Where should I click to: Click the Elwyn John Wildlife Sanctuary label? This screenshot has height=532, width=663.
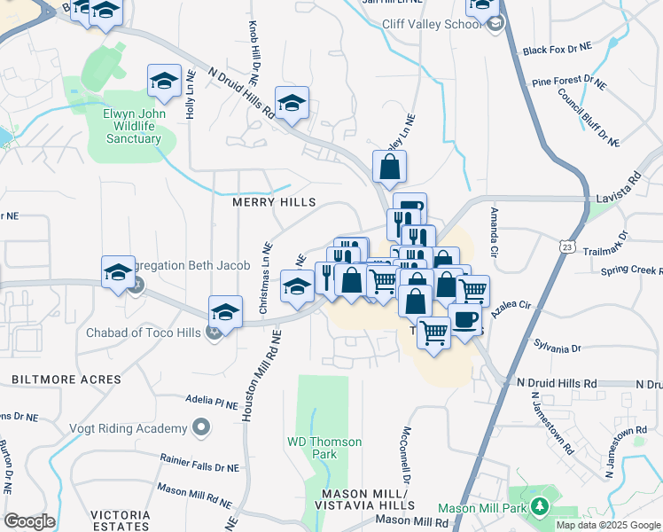pyautogui.click(x=134, y=126)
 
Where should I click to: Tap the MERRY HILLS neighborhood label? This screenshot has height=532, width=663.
pyautogui.click(x=273, y=202)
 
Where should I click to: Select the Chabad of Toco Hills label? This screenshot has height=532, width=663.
pyautogui.click(x=144, y=333)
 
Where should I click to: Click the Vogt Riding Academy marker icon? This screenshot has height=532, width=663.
pyautogui.click(x=202, y=428)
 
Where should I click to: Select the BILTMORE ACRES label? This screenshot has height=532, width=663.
pyautogui.click(x=66, y=379)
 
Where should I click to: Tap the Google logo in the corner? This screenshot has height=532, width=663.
pyautogui.click(x=29, y=521)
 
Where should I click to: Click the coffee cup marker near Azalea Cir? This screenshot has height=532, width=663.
pyautogui.click(x=464, y=319)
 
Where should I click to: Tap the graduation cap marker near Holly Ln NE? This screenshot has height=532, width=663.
pyautogui.click(x=164, y=81)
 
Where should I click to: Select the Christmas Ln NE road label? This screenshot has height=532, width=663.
pyautogui.click(x=264, y=278)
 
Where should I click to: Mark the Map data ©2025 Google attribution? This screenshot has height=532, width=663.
pyautogui.click(x=607, y=525)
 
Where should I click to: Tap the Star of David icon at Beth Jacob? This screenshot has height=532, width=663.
pyautogui.click(x=136, y=286)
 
